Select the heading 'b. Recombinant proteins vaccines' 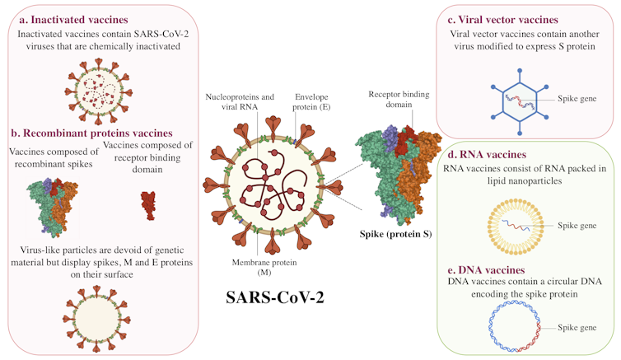point(91,132)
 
